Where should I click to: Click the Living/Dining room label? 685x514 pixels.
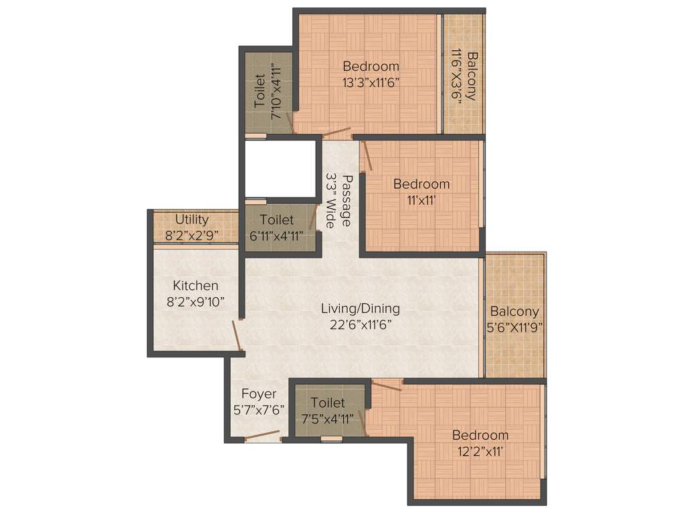[360, 309]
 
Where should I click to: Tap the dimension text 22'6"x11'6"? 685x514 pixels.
[360, 325]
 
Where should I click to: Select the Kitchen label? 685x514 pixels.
[195, 286]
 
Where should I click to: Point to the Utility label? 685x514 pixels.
[192, 220]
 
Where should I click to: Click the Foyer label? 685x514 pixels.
[258, 394]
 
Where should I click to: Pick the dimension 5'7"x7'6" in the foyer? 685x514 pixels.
[258, 410]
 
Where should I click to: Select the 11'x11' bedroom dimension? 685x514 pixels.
[421, 199]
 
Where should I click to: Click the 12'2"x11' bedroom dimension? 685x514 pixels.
[478, 451]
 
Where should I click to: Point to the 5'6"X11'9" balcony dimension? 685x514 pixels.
[514, 327]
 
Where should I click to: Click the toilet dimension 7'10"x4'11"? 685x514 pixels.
[275, 92]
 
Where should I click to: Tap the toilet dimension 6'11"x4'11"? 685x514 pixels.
[276, 235]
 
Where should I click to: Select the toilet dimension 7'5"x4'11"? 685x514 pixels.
[328, 419]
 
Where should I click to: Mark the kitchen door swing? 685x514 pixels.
[237, 335]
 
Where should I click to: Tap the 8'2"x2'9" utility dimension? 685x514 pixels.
[192, 235]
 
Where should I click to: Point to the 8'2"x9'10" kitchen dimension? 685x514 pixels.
[195, 302]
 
